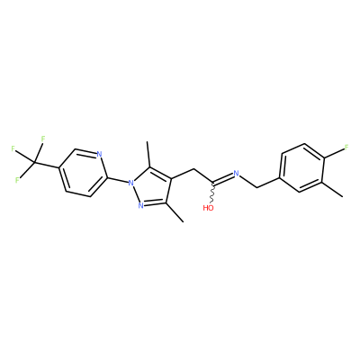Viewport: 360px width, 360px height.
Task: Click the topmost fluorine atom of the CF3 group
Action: click(43, 139)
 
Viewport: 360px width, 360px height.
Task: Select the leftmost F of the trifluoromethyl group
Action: click(13, 148)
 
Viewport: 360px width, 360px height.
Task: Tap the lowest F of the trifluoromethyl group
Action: click(17, 180)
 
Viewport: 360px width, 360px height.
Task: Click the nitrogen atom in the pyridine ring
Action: click(100, 155)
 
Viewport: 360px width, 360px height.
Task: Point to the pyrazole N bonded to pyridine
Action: click(130, 182)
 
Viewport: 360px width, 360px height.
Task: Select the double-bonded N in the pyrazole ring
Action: click(140, 205)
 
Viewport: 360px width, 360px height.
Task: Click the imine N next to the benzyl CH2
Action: click(236, 173)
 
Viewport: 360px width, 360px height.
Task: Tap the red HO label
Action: click(208, 208)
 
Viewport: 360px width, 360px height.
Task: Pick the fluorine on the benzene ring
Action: click(346, 148)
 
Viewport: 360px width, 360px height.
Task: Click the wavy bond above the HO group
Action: click(213, 193)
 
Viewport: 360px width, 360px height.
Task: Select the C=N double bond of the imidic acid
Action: click(222, 178)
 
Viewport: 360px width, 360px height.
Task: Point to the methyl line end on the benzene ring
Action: click(342, 197)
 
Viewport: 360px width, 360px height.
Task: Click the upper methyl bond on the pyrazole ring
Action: click(148, 155)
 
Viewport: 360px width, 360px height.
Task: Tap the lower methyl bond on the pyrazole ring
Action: click(175, 212)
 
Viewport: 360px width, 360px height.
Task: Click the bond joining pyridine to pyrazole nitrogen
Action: click(117, 179)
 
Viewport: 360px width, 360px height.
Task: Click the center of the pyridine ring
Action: click(83, 173)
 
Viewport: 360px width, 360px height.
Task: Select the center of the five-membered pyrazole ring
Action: click(152, 186)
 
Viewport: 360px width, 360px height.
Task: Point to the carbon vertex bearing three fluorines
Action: click(35, 163)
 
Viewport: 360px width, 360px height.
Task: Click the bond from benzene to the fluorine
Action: click(334, 152)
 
